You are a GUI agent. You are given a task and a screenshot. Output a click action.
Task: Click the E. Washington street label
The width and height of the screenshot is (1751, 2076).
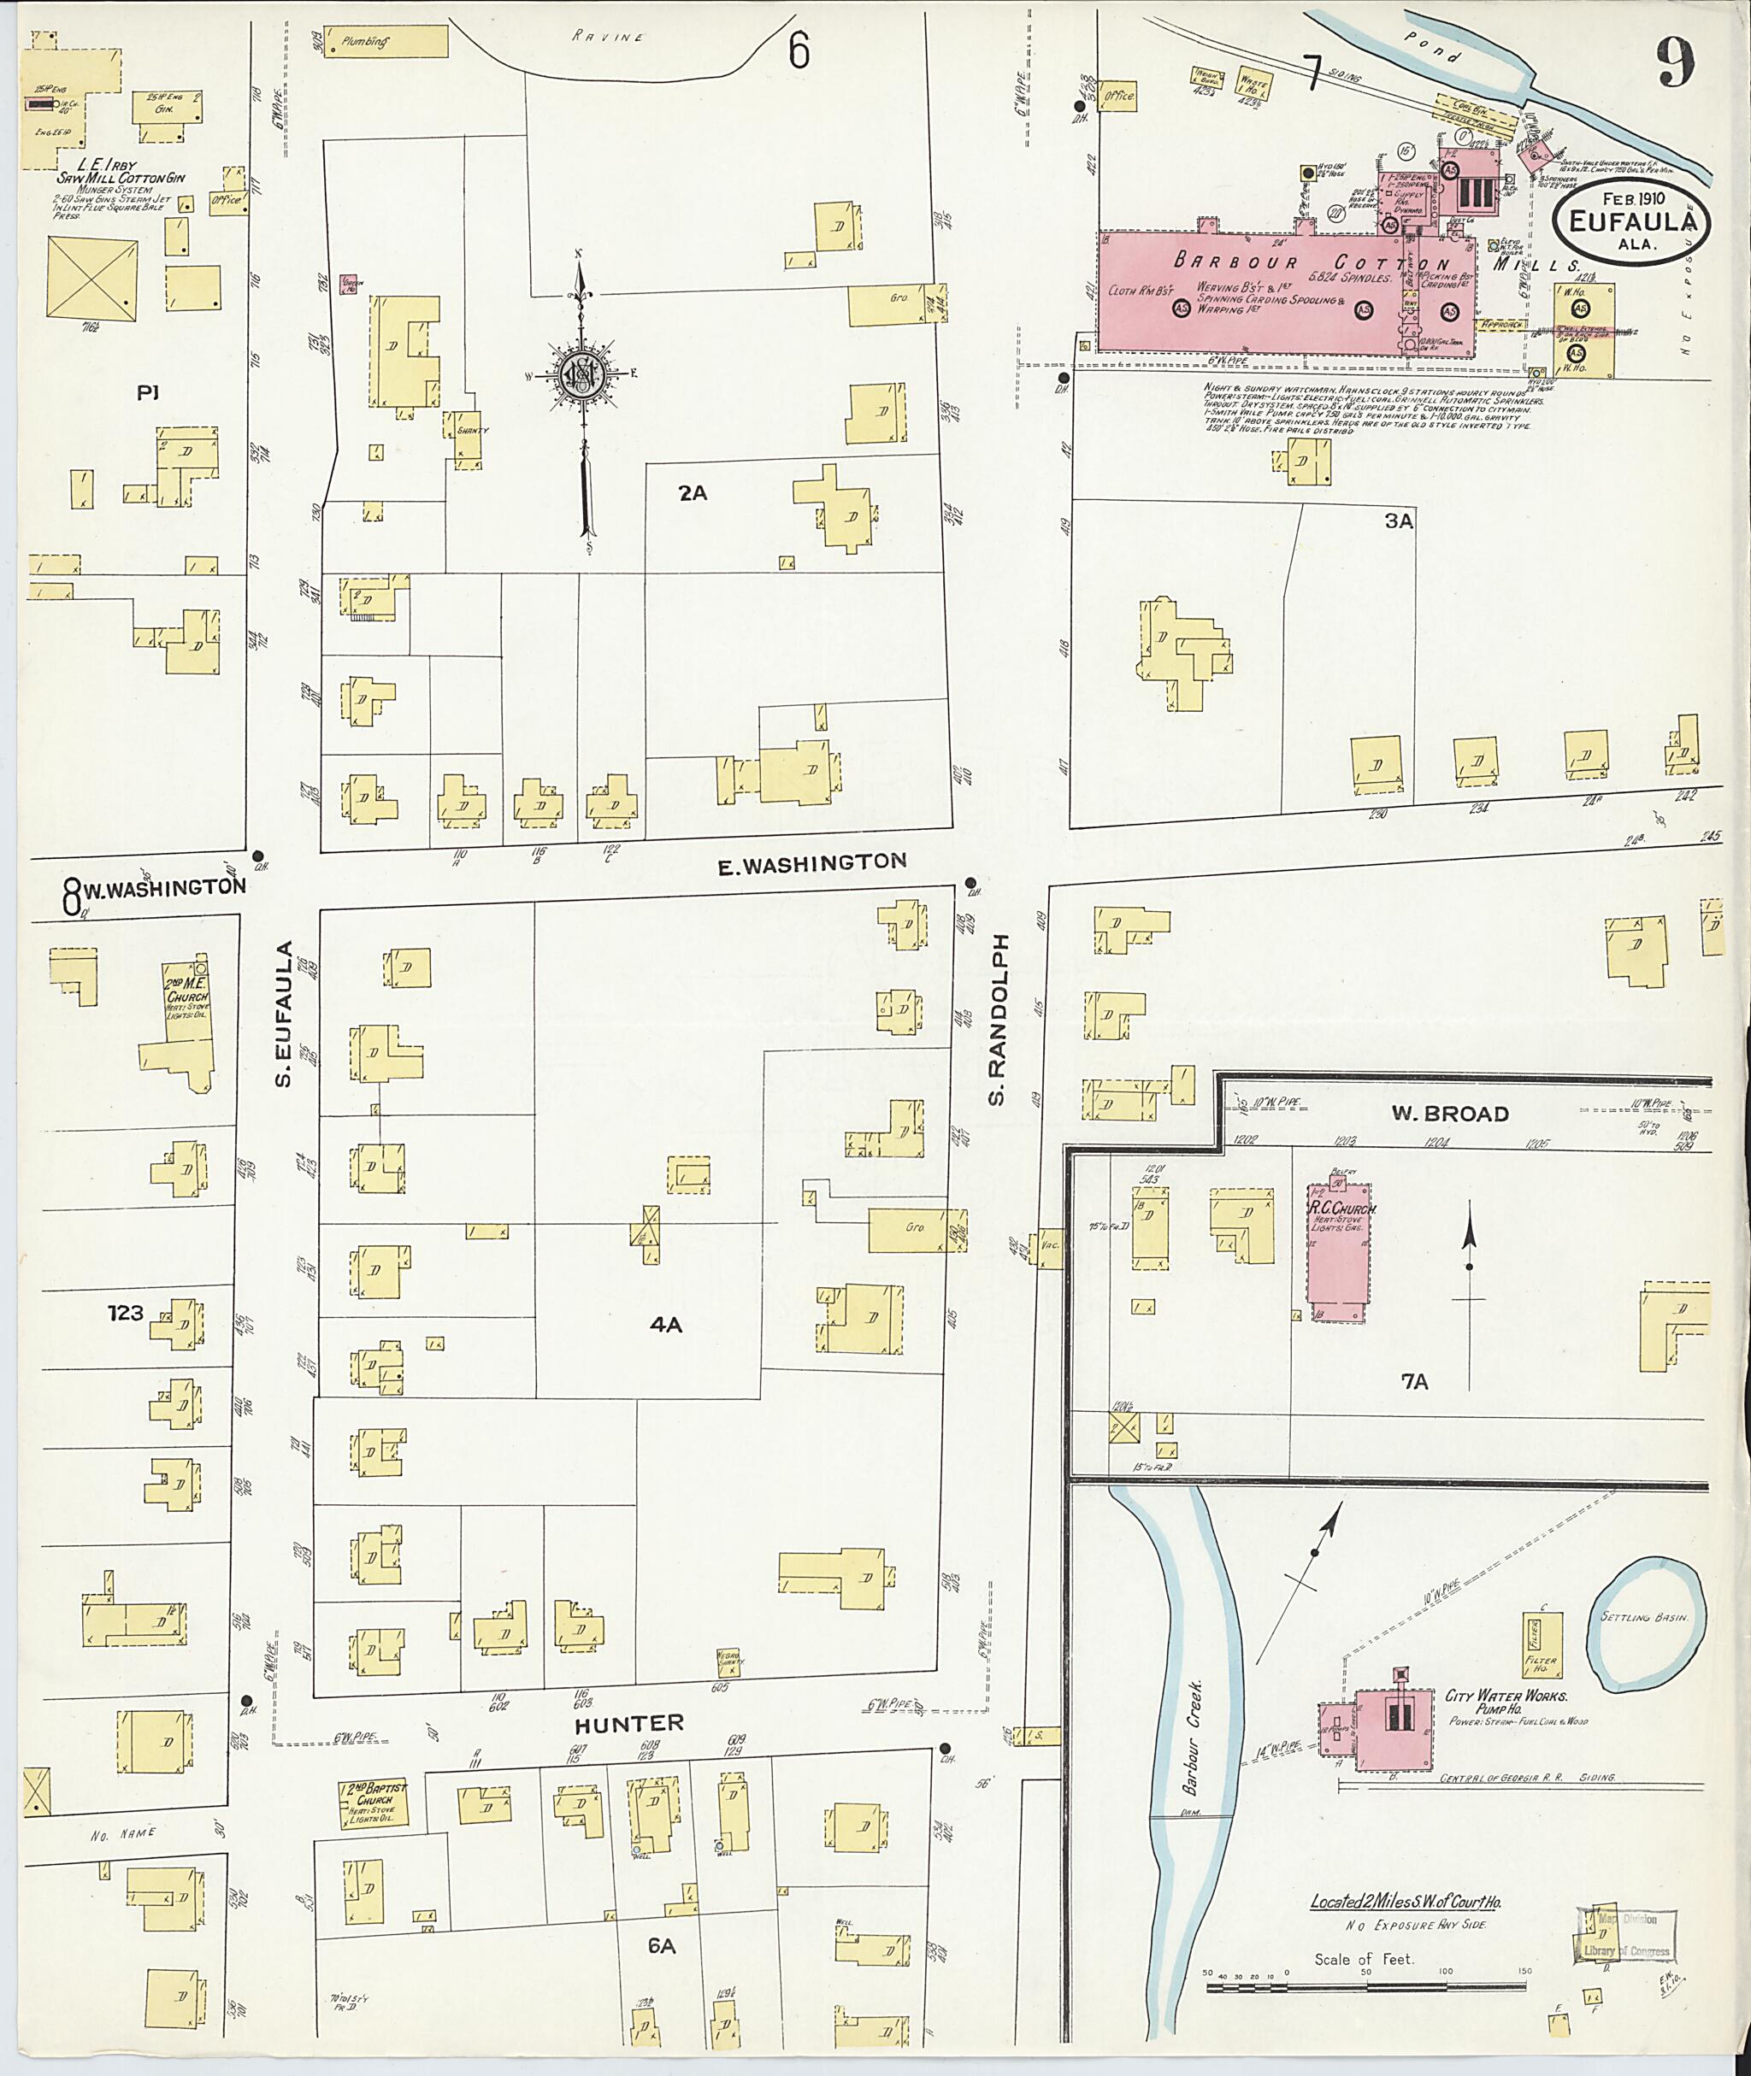pos(812,863)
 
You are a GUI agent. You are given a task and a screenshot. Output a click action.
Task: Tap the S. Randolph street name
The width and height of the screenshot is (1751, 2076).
pos(998,1019)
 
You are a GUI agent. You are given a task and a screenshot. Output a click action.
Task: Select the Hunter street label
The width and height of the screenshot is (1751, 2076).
pos(630,1723)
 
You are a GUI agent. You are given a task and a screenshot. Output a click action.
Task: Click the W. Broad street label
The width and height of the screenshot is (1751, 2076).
pos(1463,1114)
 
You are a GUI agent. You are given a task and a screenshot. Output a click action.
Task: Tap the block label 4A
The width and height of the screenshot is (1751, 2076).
pos(665,1324)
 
